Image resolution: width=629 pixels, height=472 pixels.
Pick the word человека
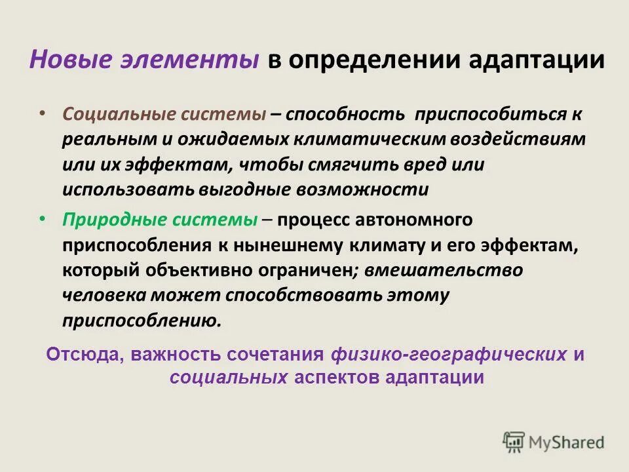104,295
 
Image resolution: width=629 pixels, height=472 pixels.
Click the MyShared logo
554,441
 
